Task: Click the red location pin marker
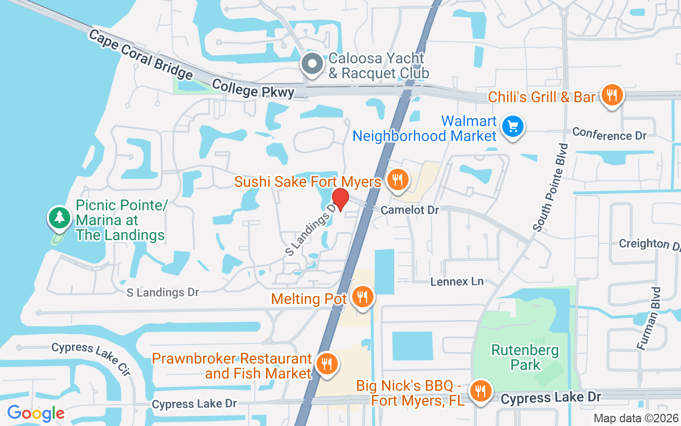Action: [x=340, y=199]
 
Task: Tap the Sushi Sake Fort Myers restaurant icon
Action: [x=397, y=180]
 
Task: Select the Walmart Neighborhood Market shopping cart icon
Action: [x=512, y=127]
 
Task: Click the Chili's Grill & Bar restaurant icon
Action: [x=612, y=96]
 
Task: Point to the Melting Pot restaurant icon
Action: [x=363, y=297]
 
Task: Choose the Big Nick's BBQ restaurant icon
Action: [x=480, y=391]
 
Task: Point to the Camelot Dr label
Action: [x=410, y=210]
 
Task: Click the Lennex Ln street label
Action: [x=456, y=281]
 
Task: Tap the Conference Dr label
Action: [x=609, y=134]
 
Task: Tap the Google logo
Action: [x=36, y=413]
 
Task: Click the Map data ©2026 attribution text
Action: [x=636, y=419]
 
